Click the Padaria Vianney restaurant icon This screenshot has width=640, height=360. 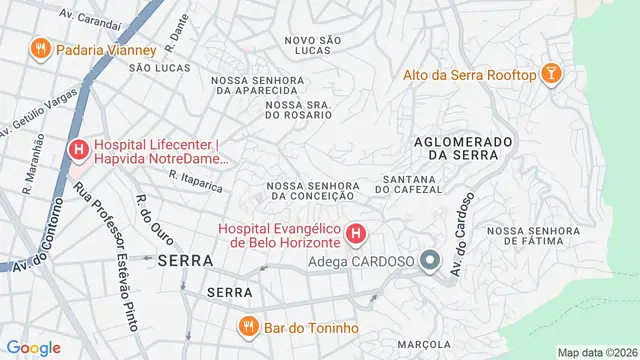point(40,48)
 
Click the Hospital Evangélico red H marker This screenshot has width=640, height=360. point(356,235)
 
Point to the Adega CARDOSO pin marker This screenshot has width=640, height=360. point(431,261)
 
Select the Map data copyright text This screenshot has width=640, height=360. point(596,352)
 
